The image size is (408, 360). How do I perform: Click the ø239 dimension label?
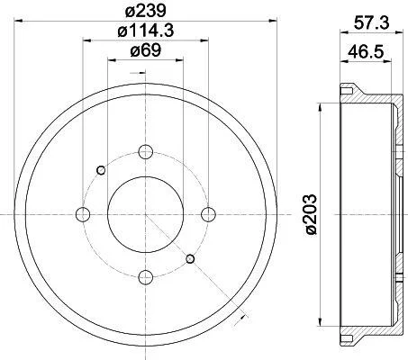[x=146, y=11]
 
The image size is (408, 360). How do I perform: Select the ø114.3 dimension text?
[x=146, y=31]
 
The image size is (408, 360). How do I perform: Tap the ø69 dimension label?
[x=146, y=50]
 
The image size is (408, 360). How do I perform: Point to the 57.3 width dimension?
[x=371, y=22]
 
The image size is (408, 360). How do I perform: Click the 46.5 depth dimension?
[x=366, y=52]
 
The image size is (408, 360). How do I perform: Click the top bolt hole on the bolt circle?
[x=146, y=152]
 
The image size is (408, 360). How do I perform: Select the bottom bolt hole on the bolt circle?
[x=146, y=277]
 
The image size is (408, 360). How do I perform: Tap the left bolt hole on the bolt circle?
[x=83, y=214]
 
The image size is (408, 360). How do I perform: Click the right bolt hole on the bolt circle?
[x=208, y=214]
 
